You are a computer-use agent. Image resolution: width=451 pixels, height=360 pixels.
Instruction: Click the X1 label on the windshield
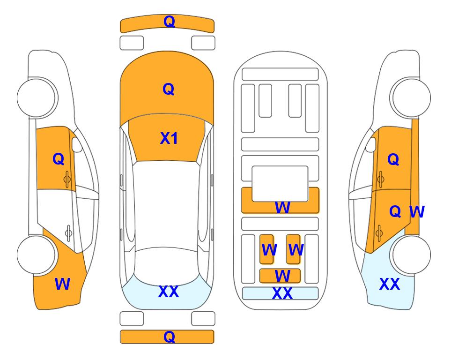(169, 138)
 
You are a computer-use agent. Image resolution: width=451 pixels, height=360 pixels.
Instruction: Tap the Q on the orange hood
(169, 89)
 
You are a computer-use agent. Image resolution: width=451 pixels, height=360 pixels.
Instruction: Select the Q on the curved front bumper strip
(169, 21)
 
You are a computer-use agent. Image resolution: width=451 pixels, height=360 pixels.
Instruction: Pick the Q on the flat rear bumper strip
(169, 337)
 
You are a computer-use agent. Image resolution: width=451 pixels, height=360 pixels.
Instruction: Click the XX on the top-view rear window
(169, 292)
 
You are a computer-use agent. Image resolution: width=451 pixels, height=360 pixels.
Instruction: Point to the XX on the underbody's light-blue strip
(282, 293)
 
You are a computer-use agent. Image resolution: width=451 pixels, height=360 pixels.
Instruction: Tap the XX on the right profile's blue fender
(390, 284)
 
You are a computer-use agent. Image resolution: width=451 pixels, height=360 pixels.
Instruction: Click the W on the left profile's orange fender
(62, 284)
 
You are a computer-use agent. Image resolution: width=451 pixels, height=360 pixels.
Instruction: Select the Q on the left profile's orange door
(59, 159)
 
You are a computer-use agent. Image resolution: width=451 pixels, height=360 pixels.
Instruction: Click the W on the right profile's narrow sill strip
(417, 212)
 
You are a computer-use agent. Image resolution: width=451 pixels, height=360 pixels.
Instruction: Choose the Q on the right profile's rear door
(395, 211)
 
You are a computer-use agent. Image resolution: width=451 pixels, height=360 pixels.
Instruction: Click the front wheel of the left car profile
(37, 97)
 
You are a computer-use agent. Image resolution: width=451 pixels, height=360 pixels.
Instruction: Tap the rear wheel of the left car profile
(37, 255)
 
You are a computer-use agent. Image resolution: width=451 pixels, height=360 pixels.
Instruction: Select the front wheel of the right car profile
(411, 97)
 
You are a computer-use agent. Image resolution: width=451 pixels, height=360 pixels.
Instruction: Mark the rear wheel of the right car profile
(411, 255)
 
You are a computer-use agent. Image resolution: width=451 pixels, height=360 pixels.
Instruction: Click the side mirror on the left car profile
(77, 144)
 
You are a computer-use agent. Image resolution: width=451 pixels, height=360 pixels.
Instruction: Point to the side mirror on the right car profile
(371, 144)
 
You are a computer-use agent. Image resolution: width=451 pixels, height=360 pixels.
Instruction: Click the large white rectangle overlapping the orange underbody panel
(280, 184)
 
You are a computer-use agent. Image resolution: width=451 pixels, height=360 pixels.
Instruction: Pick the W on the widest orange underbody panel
(282, 207)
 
